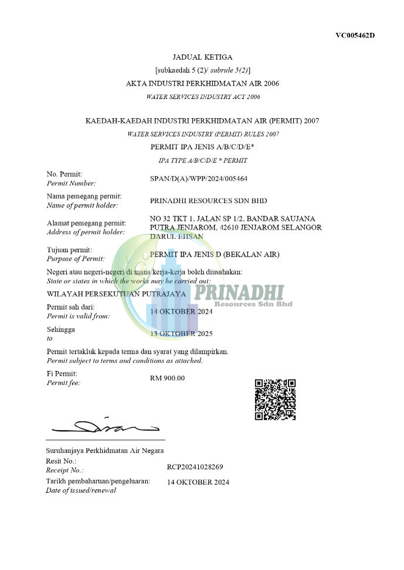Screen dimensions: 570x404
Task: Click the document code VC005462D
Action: tap(355, 35)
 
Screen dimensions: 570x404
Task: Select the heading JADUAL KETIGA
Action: tap(202, 57)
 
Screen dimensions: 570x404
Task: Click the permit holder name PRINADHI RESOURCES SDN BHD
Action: tap(208, 200)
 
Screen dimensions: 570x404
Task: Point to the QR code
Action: tap(275, 400)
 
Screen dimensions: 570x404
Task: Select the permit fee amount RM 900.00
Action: tap(167, 378)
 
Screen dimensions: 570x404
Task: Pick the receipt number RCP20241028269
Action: tap(195, 467)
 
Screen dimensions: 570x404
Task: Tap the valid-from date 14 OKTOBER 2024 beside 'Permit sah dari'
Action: tap(181, 312)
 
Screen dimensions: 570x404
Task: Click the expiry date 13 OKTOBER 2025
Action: tap(181, 334)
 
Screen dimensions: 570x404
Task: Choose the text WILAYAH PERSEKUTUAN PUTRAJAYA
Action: tap(116, 293)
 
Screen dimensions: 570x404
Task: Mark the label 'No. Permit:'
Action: tap(64, 174)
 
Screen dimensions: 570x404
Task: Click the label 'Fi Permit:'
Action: tap(62, 373)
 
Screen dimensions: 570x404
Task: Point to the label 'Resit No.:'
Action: tap(61, 461)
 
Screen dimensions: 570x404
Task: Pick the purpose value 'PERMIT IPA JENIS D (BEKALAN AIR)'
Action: tap(215, 254)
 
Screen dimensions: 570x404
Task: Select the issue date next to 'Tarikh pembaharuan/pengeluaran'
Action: tap(198, 482)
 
